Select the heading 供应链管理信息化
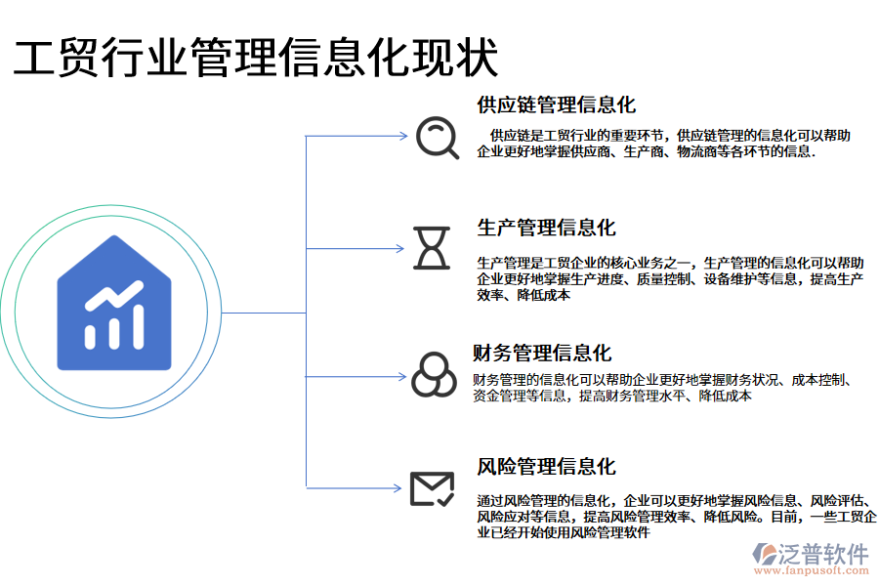pos(556,105)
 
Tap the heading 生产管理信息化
pos(546,228)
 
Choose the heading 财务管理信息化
pos(542,353)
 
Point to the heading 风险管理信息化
pos(546,467)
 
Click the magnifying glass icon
pos(436,138)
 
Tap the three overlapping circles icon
pos(433,375)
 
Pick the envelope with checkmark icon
pos(431,488)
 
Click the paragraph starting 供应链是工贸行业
pos(662,144)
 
